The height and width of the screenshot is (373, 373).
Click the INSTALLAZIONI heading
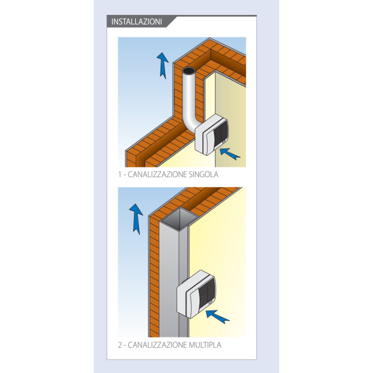(137, 21)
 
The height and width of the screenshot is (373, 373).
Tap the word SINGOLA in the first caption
(203, 174)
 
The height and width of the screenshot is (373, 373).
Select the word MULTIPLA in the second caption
(205, 345)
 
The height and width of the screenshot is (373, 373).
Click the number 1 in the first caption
(120, 174)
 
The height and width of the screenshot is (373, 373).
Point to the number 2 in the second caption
(120, 345)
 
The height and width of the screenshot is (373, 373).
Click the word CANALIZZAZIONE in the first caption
(157, 174)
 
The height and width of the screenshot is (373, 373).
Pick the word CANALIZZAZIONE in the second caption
(157, 345)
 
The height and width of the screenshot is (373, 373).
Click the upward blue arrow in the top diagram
(163, 65)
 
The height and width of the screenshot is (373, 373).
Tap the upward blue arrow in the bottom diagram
(136, 219)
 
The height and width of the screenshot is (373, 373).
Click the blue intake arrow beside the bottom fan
(217, 317)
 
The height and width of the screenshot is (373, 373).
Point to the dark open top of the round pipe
(189, 71)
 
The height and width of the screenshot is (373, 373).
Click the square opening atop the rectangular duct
(179, 218)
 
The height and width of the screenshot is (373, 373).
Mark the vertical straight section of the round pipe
(189, 95)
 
